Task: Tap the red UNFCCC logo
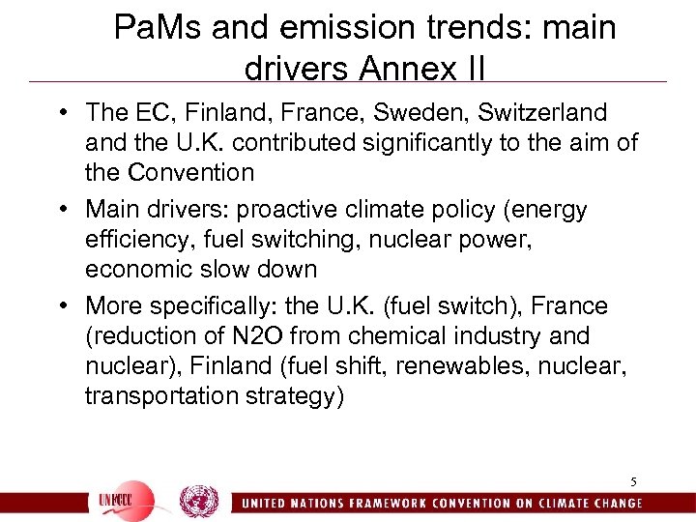pyautogui.click(x=125, y=501)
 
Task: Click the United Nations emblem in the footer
pyautogui.click(x=198, y=501)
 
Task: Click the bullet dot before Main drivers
pyautogui.click(x=65, y=210)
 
